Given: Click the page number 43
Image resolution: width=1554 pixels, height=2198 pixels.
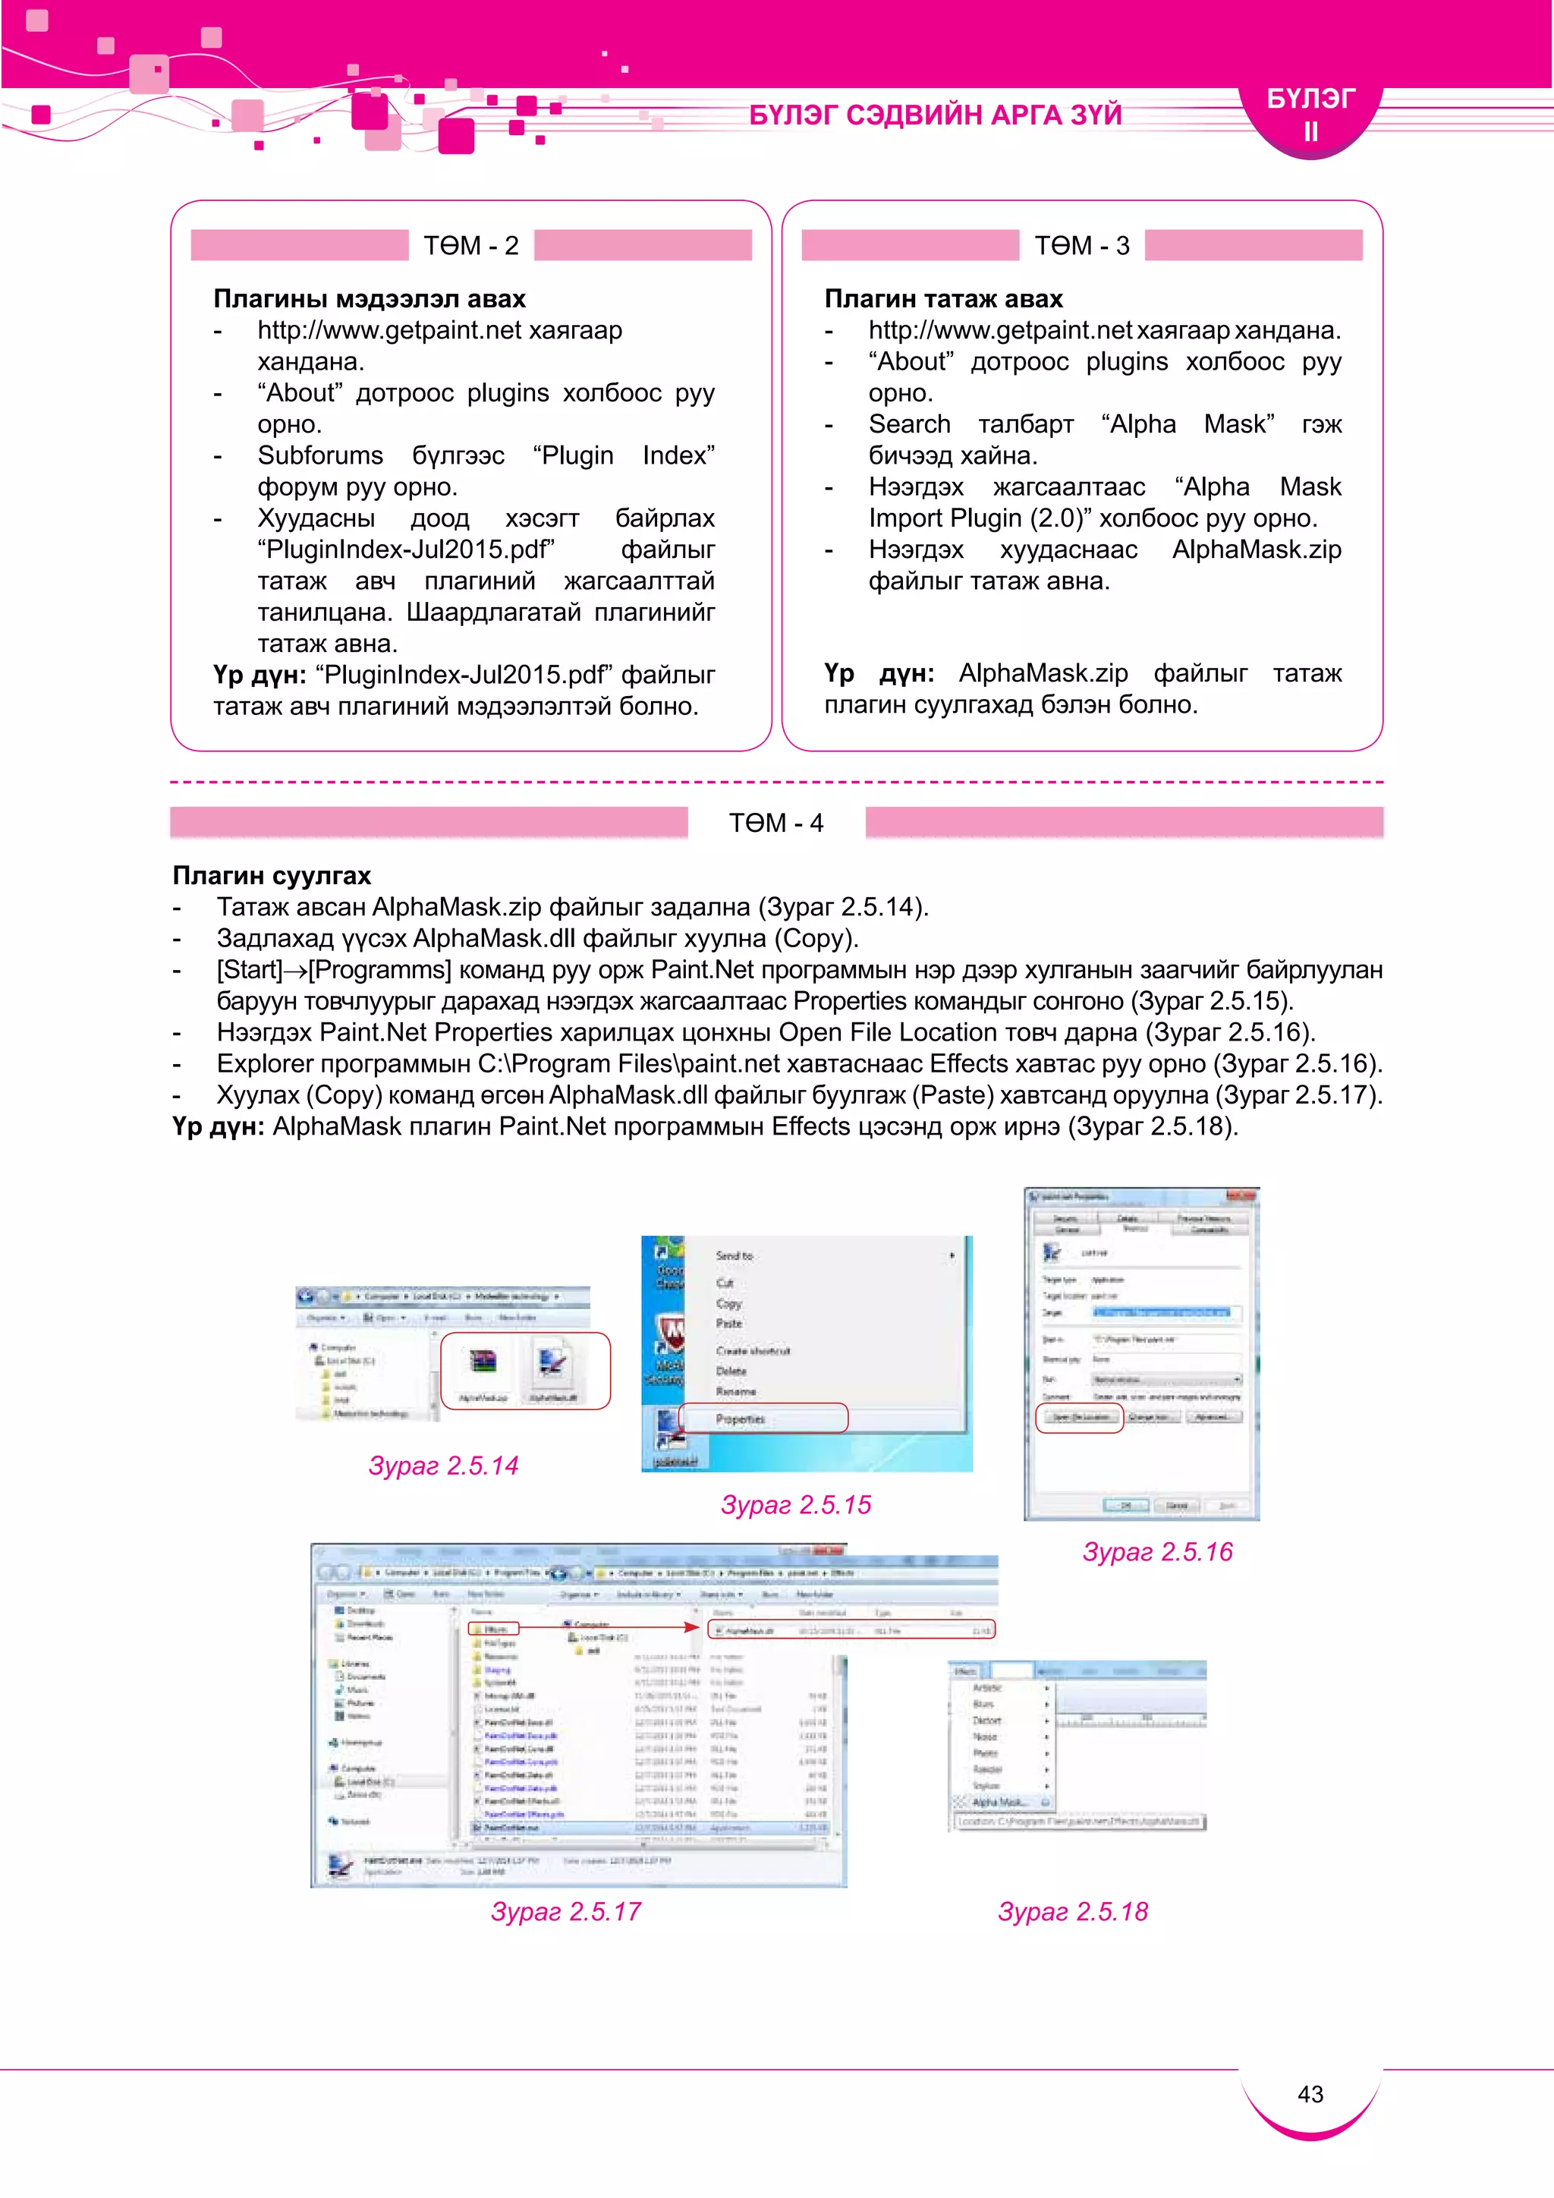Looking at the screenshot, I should (1310, 2094).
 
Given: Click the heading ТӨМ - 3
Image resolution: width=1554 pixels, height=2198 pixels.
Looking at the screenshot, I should (1081, 246).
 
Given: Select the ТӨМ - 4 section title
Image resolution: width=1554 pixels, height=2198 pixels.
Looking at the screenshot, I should (776, 823).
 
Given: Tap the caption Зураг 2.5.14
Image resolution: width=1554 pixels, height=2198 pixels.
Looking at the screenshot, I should (443, 1466).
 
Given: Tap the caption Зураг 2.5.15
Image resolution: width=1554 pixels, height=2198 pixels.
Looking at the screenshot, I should (795, 1505).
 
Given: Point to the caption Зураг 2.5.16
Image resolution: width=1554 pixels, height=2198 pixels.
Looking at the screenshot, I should (1157, 1552).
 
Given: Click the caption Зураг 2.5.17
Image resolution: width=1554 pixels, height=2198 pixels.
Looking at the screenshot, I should (565, 1912).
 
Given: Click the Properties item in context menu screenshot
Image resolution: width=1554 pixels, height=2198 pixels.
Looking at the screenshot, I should (741, 1419).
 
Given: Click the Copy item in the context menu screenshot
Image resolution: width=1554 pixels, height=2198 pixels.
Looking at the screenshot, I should (728, 1303).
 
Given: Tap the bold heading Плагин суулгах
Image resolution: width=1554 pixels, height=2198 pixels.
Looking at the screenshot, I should (272, 875).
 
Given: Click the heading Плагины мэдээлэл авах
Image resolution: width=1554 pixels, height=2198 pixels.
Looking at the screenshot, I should (370, 299).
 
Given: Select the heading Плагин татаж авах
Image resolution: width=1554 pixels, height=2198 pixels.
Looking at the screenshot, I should (943, 299).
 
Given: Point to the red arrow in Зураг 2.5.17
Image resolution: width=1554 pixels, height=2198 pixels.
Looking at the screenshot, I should (612, 1626).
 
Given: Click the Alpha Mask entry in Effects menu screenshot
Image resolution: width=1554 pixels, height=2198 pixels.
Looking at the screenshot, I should (998, 1802).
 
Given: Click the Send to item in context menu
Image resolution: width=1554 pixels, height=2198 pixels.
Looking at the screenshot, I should (734, 1255).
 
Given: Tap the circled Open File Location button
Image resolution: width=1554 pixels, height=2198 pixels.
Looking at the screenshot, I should (1080, 1417).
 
